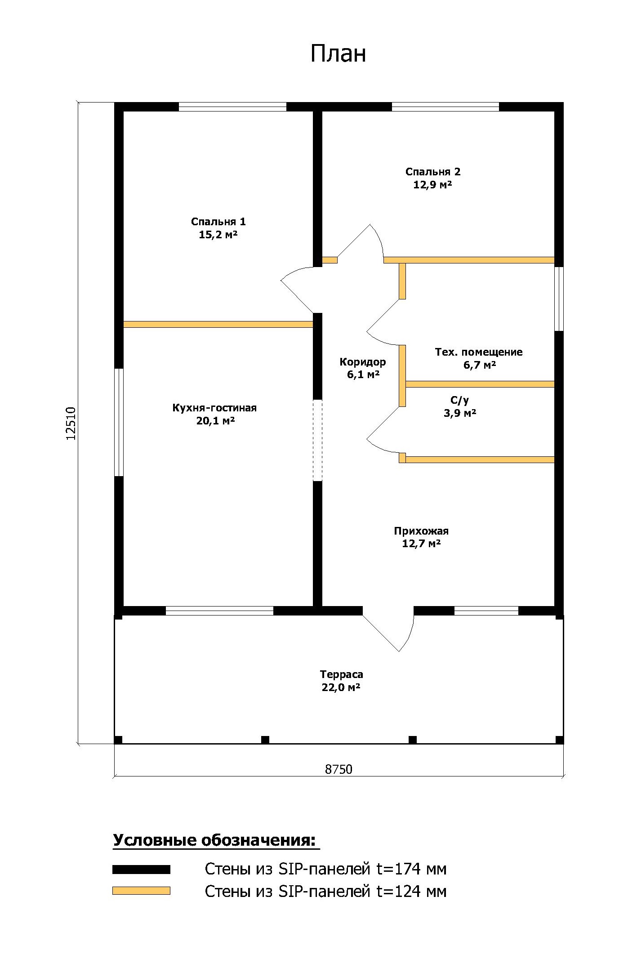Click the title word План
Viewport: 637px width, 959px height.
point(338,54)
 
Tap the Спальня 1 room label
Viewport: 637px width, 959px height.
point(218,222)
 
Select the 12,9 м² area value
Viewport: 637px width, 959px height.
point(432,184)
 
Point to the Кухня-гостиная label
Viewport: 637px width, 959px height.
point(214,408)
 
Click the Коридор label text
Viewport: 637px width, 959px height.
point(363,362)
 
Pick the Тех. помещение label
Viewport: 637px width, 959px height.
point(479,352)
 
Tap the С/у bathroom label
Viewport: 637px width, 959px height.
point(459,400)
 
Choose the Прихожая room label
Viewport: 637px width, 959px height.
point(421,531)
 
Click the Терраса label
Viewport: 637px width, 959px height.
point(342,674)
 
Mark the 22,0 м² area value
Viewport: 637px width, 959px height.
point(342,687)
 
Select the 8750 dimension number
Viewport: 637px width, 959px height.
point(339,769)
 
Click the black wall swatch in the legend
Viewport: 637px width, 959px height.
point(141,869)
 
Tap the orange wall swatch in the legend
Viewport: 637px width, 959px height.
point(141,891)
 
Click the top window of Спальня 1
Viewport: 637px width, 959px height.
point(232,107)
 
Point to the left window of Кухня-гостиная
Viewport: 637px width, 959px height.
point(119,422)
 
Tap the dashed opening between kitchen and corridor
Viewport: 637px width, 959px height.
point(318,440)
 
